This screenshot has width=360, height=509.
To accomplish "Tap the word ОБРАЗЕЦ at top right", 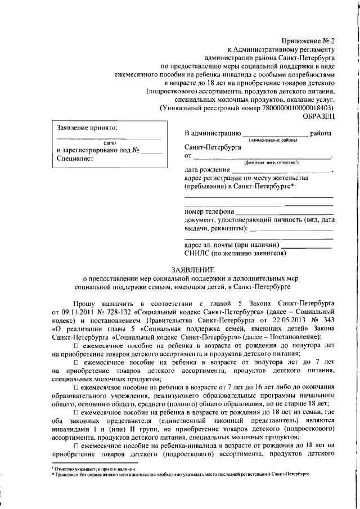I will (318, 115).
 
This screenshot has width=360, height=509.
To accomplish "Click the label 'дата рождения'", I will (206, 170).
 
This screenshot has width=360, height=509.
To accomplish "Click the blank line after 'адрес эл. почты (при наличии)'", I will (307, 245).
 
